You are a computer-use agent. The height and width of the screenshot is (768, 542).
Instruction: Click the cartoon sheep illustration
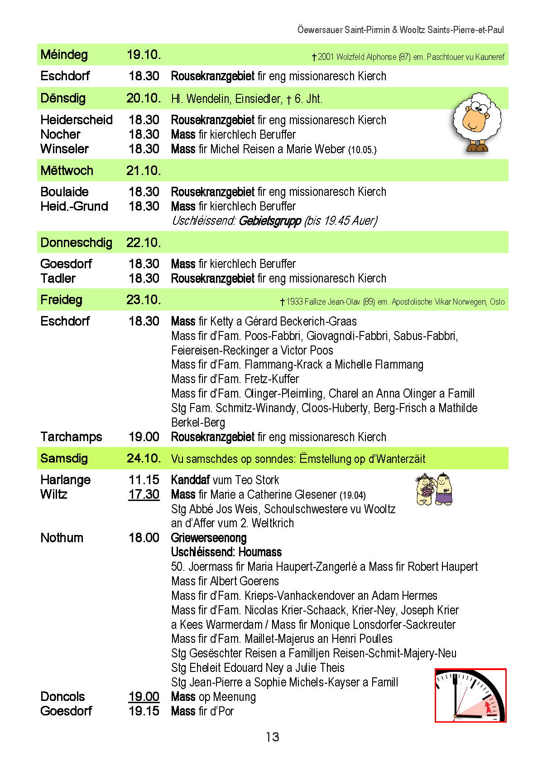(477, 122)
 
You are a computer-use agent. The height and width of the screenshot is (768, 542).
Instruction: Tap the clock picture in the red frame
(470, 695)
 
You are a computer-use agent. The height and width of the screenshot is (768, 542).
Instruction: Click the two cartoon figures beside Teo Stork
(434, 489)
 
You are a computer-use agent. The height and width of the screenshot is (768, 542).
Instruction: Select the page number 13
(272, 737)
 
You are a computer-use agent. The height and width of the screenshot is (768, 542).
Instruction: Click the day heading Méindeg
(64, 55)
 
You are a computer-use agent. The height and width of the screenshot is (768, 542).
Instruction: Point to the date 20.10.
(144, 98)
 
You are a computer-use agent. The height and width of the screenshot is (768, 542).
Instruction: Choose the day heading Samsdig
(64, 458)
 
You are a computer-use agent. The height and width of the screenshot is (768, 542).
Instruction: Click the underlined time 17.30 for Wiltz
(144, 494)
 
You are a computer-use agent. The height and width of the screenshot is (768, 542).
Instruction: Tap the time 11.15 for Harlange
(144, 480)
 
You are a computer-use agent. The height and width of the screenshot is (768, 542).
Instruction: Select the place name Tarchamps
(71, 437)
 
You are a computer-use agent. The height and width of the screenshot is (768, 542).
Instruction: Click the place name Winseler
(64, 149)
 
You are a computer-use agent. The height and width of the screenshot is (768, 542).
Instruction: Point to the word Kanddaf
(190, 480)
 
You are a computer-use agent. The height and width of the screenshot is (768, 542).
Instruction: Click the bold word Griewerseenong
(209, 538)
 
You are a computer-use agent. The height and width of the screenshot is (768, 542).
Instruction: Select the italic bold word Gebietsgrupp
(269, 221)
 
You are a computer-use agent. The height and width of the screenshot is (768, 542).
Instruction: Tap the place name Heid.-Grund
(74, 206)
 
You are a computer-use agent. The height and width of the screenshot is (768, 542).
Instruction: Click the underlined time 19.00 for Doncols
(144, 696)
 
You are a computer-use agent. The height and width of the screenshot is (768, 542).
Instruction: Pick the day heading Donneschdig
(76, 243)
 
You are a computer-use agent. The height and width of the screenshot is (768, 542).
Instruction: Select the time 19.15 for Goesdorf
(144, 711)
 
